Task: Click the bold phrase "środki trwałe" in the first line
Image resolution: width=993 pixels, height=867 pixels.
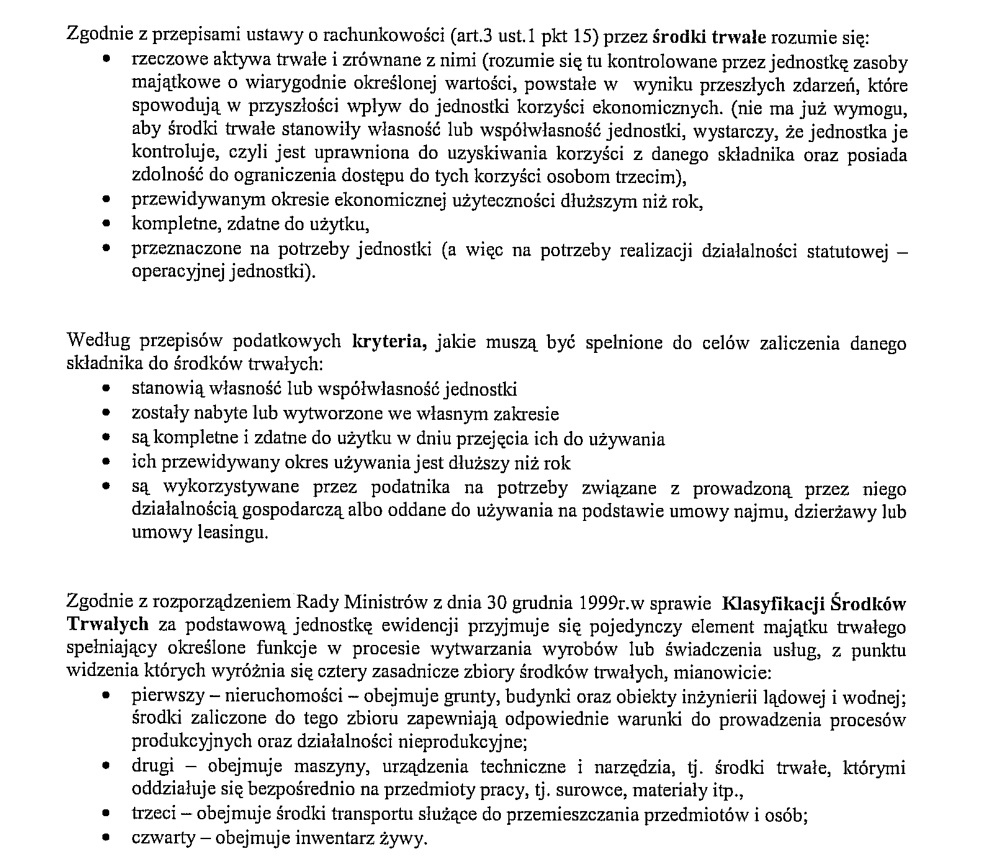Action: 711,37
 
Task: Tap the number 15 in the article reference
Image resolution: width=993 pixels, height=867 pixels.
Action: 582,37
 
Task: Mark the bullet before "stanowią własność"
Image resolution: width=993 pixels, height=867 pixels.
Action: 108,390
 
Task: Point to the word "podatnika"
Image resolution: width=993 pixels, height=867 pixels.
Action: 410,488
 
